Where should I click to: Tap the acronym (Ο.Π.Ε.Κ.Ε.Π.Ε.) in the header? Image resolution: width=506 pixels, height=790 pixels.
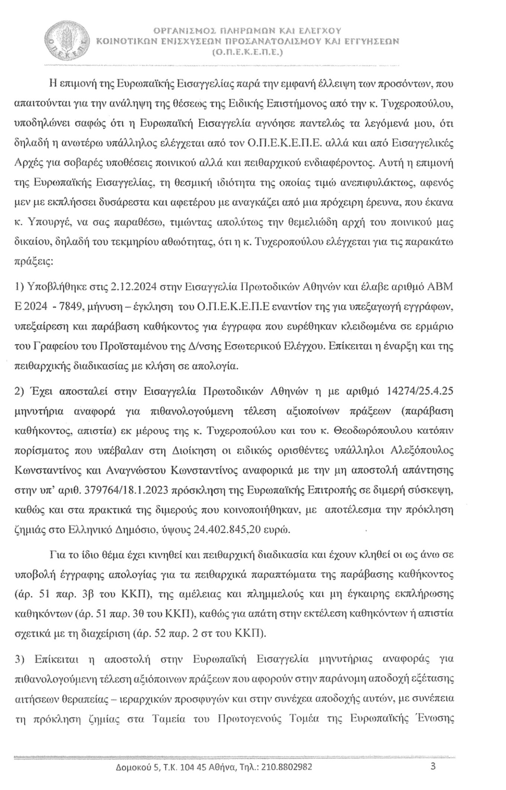click(247, 53)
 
